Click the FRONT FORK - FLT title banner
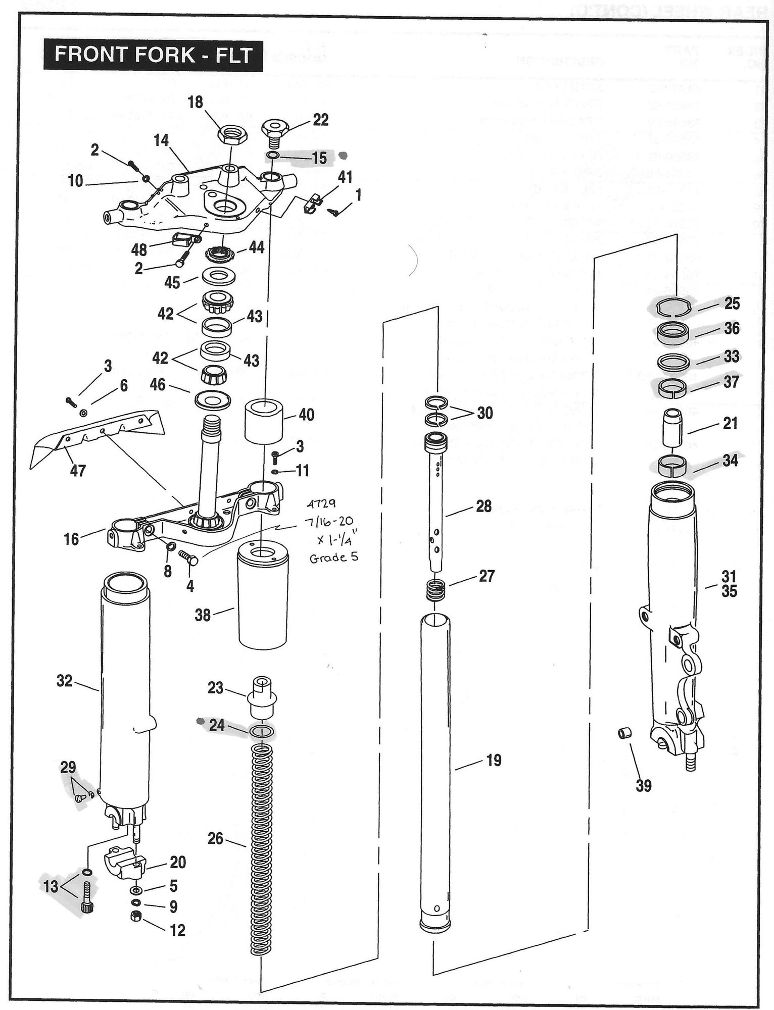click(154, 55)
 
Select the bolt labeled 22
click(275, 130)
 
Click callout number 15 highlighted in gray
click(319, 158)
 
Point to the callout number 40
click(306, 415)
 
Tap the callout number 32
click(65, 681)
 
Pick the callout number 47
click(78, 471)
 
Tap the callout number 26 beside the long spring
click(215, 838)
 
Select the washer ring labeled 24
click(263, 732)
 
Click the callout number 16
click(71, 539)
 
